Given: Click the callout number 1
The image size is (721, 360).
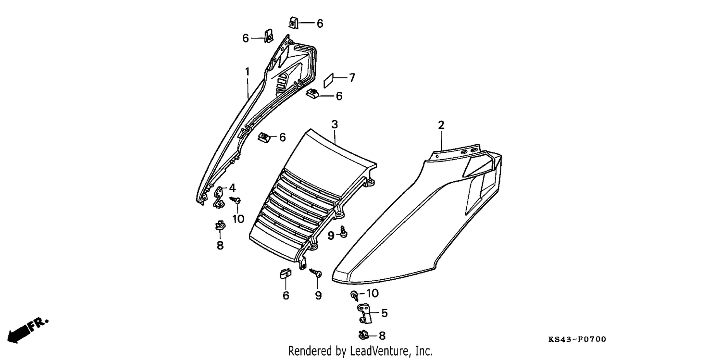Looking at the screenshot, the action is point(247,72).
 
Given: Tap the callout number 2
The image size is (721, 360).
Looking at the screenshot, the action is point(441,125).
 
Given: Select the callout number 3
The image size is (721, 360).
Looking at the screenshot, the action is point(335,124).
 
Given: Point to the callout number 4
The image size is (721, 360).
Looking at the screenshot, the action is point(232,187).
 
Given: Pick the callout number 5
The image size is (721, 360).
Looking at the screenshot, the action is point(385,313).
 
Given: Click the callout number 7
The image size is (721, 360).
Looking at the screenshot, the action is point(352,77).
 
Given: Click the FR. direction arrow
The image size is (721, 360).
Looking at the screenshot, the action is point(27,331).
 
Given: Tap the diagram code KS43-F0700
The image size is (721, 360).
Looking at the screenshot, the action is point(577,339).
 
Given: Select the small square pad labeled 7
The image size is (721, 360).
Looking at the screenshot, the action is point(329,80).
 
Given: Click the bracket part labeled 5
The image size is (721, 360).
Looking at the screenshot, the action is point(364,313).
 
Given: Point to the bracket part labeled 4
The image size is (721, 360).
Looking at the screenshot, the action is point(219,197).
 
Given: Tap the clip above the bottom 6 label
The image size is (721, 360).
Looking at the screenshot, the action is point(285,273).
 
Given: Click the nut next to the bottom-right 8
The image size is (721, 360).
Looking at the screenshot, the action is point(363,335).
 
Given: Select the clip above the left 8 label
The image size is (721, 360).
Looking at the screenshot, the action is point(221,225).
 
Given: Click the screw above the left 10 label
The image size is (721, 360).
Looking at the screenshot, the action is point(236,200).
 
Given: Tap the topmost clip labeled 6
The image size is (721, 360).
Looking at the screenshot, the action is point(294,23).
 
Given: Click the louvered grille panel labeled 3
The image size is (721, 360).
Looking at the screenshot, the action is point(312,199).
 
